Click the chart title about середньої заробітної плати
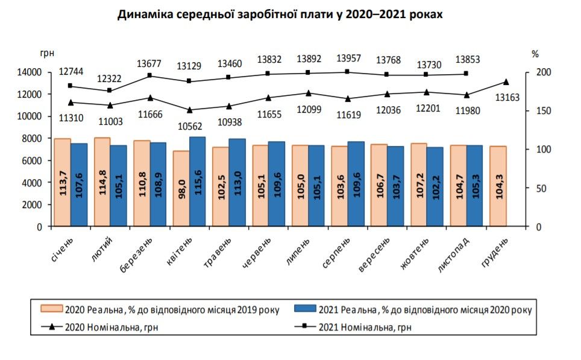click(280, 14)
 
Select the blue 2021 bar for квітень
click(197, 182)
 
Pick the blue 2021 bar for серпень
click(356, 184)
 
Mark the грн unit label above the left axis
click(47, 54)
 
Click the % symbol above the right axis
click(535, 54)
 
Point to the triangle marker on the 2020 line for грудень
click(506, 82)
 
